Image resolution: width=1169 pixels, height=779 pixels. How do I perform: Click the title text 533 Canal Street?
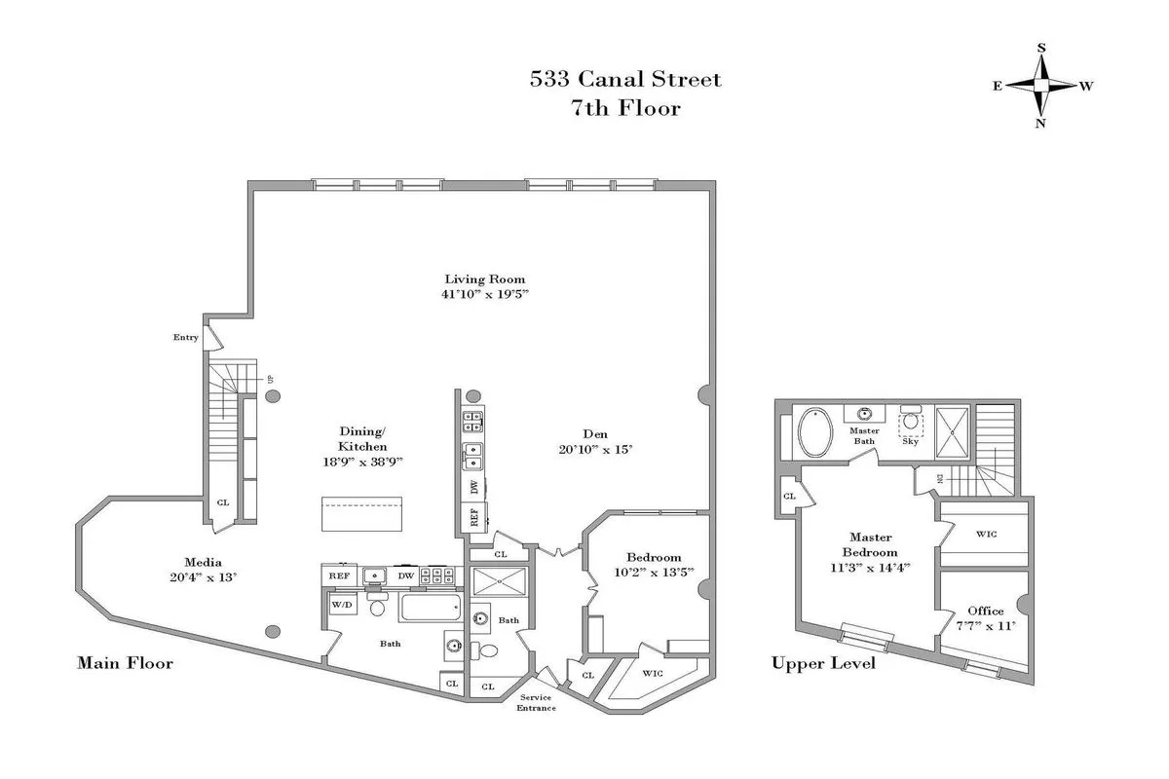(x=625, y=79)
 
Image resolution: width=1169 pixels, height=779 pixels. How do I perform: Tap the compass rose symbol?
(x=1041, y=86)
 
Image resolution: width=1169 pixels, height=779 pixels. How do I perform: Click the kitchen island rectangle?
(x=362, y=514)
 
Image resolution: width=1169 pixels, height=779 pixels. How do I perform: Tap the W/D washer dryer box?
(x=342, y=606)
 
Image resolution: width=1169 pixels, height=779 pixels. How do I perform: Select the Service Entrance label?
(x=537, y=702)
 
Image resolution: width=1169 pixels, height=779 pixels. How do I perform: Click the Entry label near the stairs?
(x=186, y=338)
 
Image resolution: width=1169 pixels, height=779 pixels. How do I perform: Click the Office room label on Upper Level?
(x=985, y=611)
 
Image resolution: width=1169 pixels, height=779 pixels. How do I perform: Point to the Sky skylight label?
(x=910, y=441)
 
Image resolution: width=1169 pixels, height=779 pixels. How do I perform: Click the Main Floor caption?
(x=125, y=663)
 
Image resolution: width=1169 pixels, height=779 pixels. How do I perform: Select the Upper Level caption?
(x=823, y=663)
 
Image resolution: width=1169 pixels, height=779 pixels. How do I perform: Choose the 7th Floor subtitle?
(x=625, y=108)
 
